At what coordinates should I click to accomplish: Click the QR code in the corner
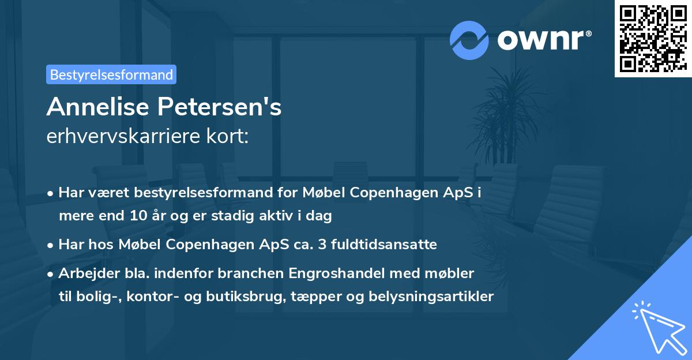pyautogui.click(x=653, y=39)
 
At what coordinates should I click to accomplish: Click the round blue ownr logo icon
pyautogui.click(x=469, y=39)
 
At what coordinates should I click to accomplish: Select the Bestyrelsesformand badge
pyautogui.click(x=111, y=74)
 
